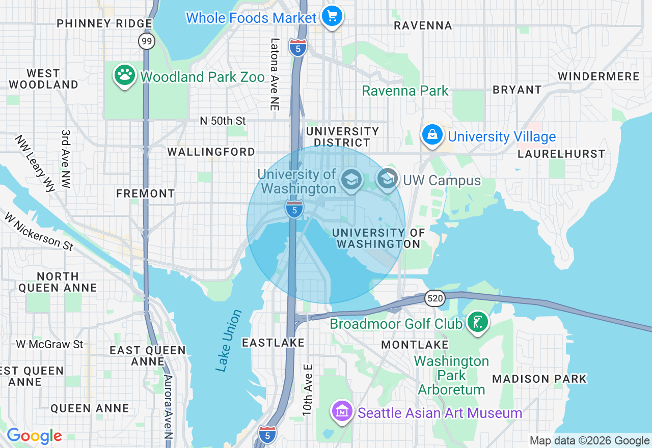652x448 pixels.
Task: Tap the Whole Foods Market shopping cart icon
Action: click(332, 16)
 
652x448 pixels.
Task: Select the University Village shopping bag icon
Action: click(432, 135)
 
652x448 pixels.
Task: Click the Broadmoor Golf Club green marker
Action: click(477, 322)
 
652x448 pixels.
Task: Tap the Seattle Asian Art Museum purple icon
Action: click(342, 411)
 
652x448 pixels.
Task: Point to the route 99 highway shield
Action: click(147, 41)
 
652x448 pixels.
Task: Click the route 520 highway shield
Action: click(436, 299)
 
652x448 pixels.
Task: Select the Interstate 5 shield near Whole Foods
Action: click(297, 47)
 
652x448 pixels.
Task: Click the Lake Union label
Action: click(228, 340)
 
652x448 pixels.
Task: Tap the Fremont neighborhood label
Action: click(145, 193)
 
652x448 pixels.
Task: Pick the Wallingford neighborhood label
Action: click(211, 152)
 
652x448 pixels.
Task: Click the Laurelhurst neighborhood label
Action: click(561, 154)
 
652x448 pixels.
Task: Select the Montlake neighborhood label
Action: click(415, 345)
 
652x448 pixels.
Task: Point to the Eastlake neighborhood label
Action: click(273, 343)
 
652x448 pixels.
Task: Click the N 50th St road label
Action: click(223, 121)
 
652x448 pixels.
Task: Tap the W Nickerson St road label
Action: click(39, 231)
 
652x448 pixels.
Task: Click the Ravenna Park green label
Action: click(405, 91)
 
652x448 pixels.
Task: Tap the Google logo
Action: click(34, 436)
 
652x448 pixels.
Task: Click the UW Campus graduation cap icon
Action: click(388, 179)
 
